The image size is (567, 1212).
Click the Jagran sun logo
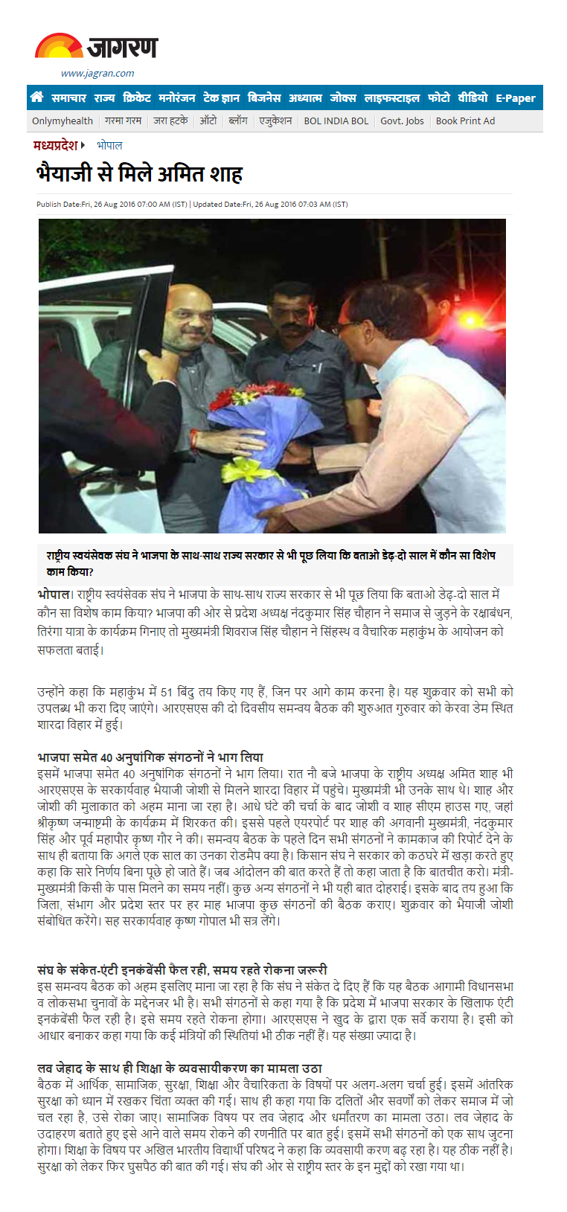click(x=59, y=46)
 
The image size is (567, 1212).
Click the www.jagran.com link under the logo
click(x=97, y=73)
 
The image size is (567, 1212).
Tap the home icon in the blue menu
click(x=36, y=97)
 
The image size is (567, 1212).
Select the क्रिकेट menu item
click(x=137, y=97)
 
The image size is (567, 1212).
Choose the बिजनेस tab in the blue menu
click(x=264, y=97)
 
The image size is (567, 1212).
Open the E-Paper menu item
click(x=516, y=97)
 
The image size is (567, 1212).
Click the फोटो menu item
click(x=438, y=97)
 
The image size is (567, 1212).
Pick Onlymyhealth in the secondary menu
click(x=63, y=121)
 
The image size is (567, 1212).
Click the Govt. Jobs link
click(x=402, y=121)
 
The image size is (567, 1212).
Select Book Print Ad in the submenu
click(x=465, y=121)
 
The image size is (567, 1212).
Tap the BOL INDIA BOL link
click(x=336, y=121)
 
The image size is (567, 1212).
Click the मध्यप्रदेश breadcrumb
click(x=56, y=145)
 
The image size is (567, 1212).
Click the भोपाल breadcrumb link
click(x=109, y=145)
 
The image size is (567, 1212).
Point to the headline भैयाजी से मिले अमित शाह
click(x=140, y=174)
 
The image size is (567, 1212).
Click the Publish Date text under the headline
click(x=112, y=204)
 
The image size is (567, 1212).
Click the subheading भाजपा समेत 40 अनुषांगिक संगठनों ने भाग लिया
click(x=150, y=757)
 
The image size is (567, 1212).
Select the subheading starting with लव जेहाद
click(x=179, y=1068)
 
